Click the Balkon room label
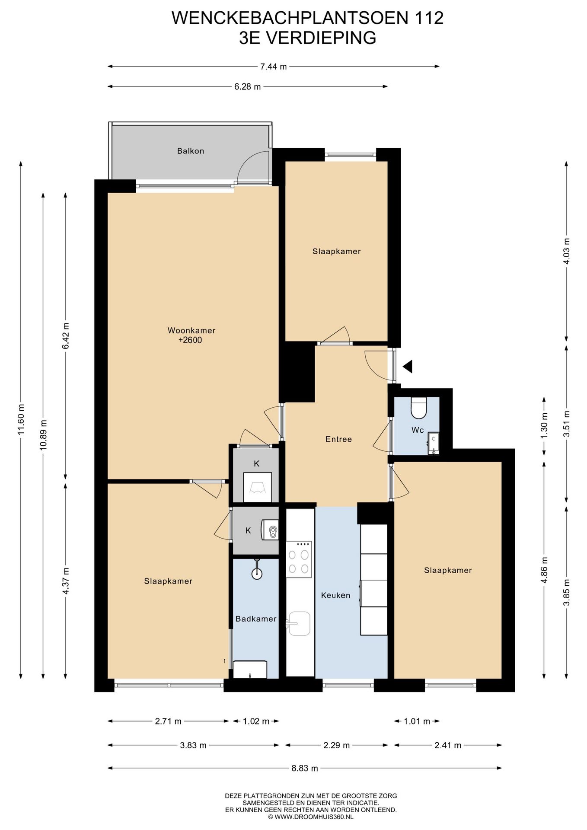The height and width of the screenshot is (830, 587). [190, 151]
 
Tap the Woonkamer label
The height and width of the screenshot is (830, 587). [191, 331]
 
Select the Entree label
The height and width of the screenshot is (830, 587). [338, 439]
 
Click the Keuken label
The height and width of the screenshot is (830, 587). [335, 595]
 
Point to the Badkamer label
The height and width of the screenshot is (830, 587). [256, 619]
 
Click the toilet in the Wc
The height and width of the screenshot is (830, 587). [418, 408]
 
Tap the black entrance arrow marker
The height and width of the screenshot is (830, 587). [407, 367]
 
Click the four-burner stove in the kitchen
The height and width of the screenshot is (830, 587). [299, 559]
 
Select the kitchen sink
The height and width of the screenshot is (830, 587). [299, 623]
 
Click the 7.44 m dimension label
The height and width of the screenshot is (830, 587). [273, 67]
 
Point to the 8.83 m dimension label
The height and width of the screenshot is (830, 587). [304, 768]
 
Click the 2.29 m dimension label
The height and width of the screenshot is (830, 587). [336, 745]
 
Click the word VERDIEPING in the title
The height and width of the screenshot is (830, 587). [320, 38]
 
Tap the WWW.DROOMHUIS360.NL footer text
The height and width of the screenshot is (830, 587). [310, 817]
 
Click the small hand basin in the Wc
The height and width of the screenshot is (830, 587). [433, 444]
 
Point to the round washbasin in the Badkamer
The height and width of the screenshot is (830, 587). [257, 572]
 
